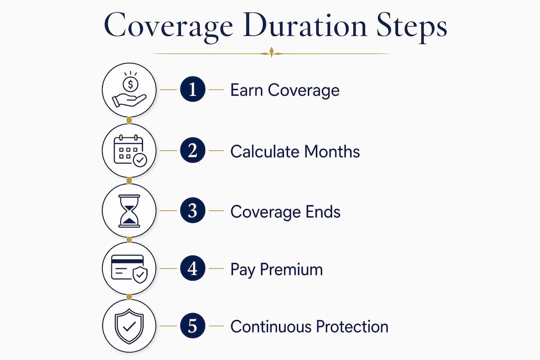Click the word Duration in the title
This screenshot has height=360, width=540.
tap(305, 25)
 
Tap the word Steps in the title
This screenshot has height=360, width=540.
tap(412, 27)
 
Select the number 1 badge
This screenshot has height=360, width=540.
tap(192, 89)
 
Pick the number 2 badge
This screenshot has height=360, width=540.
tap(192, 150)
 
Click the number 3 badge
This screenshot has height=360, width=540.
tap(192, 210)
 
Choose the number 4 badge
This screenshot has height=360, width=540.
tap(192, 268)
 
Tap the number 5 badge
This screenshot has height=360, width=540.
tap(192, 325)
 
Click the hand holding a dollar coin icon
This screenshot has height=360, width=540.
tap(129, 89)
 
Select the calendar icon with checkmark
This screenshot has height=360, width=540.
tap(130, 151)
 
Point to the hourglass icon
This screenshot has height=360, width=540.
tap(129, 211)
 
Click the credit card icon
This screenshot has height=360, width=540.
tap(129, 268)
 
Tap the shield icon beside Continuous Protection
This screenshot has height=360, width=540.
tap(129, 326)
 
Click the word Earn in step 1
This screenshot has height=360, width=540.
tap(246, 90)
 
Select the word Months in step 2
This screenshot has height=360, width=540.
tap(332, 151)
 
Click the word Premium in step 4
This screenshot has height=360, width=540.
tap(291, 269)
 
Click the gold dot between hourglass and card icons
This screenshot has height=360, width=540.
tap(129, 239)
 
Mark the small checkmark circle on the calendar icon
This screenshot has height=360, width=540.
tap(140, 160)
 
